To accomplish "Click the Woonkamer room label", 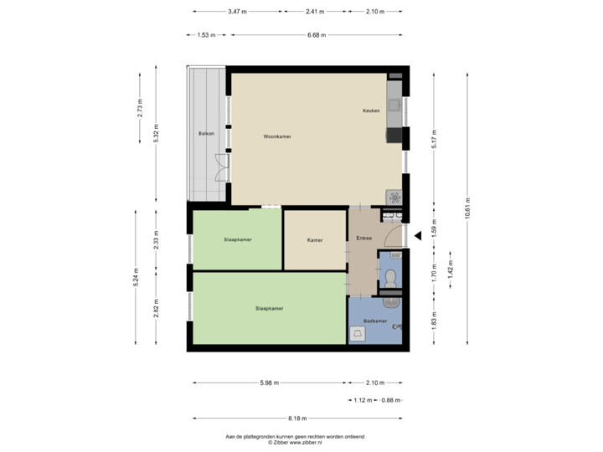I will tap(276, 136).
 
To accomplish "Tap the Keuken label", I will tap(371, 110).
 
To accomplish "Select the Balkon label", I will tap(206, 134).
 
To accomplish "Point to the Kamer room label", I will tap(315, 240).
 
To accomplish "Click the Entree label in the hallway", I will tap(363, 239).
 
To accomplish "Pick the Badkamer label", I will tap(375, 321).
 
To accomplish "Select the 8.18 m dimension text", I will tap(297, 418).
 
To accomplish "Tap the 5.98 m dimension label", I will tap(269, 383).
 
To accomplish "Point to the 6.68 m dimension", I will tap(317, 35).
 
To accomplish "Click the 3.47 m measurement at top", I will tap(237, 12).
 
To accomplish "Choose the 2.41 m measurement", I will tap(314, 12).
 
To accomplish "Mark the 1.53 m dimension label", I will tap(206, 35).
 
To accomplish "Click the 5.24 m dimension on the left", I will tap(136, 277).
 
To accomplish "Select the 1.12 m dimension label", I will tap(362, 400).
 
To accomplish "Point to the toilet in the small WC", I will tap(390, 277).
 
